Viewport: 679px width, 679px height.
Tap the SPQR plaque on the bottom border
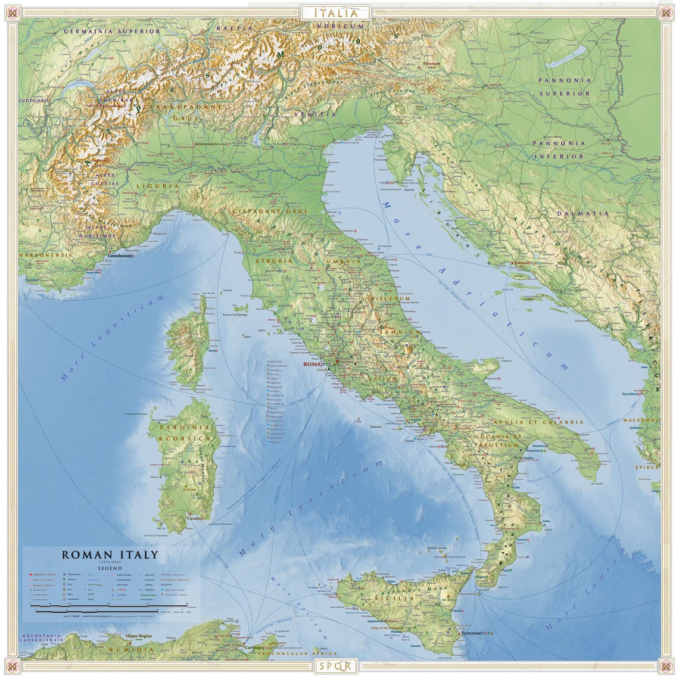[337, 666]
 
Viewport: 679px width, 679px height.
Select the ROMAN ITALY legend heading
[110, 555]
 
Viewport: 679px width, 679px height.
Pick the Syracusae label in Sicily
[470, 633]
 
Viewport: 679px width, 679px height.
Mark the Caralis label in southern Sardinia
[194, 518]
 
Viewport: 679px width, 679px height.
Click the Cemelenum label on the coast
[120, 256]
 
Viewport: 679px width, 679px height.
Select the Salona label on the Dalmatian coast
[522, 263]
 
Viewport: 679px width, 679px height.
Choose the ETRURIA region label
[273, 261]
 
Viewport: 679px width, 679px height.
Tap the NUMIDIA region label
[132, 649]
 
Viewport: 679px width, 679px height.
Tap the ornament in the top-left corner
[13, 13]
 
